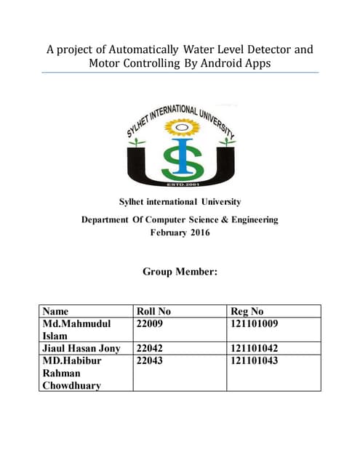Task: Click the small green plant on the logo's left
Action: point(132,143)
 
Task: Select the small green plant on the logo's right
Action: point(227,142)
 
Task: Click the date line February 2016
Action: point(179,232)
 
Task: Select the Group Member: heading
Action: point(179,272)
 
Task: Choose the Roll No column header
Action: point(153,311)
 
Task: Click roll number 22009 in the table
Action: point(151,323)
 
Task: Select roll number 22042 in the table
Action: point(151,348)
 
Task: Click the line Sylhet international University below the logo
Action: point(179,201)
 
